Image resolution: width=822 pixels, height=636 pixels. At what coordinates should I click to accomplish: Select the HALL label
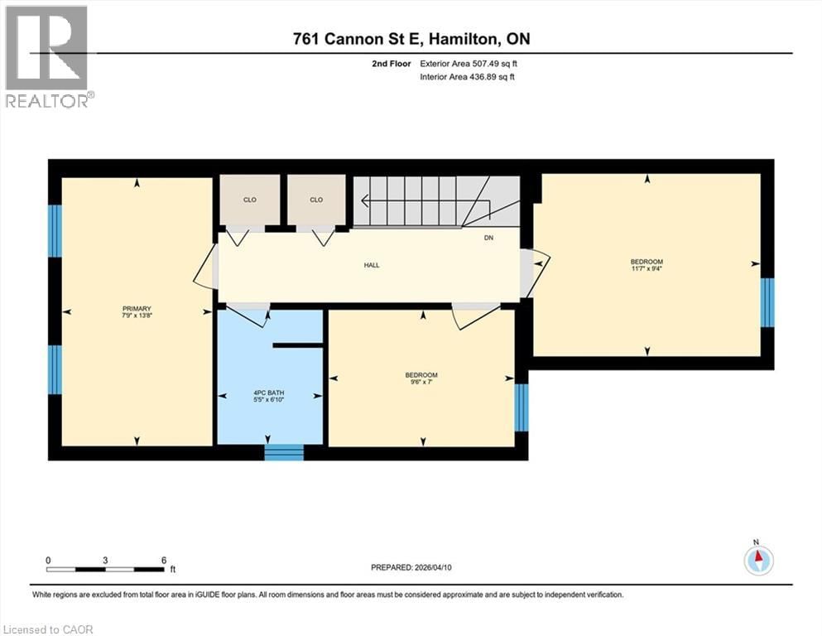[372, 265]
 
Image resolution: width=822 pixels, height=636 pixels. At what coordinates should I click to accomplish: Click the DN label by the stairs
[489, 238]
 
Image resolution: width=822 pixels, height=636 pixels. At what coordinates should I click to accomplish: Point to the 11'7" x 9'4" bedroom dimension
[647, 267]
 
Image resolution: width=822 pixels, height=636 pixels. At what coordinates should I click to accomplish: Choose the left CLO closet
[250, 200]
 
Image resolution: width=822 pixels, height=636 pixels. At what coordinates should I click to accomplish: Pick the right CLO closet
[316, 200]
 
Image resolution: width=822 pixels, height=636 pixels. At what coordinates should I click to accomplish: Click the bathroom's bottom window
[284, 452]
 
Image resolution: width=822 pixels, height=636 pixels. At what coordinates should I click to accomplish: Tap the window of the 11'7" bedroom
[767, 302]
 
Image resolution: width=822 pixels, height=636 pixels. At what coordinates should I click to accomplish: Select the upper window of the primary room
[55, 231]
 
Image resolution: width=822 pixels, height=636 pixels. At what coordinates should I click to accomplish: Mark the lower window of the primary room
[55, 369]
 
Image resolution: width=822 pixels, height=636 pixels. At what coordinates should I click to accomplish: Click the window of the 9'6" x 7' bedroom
[522, 407]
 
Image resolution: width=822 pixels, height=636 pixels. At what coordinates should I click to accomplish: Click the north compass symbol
[757, 559]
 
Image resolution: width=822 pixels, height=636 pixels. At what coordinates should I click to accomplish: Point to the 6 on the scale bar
[164, 559]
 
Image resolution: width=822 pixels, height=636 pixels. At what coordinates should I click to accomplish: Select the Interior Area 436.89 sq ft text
[468, 77]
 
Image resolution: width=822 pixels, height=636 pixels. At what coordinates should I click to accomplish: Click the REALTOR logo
[47, 56]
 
